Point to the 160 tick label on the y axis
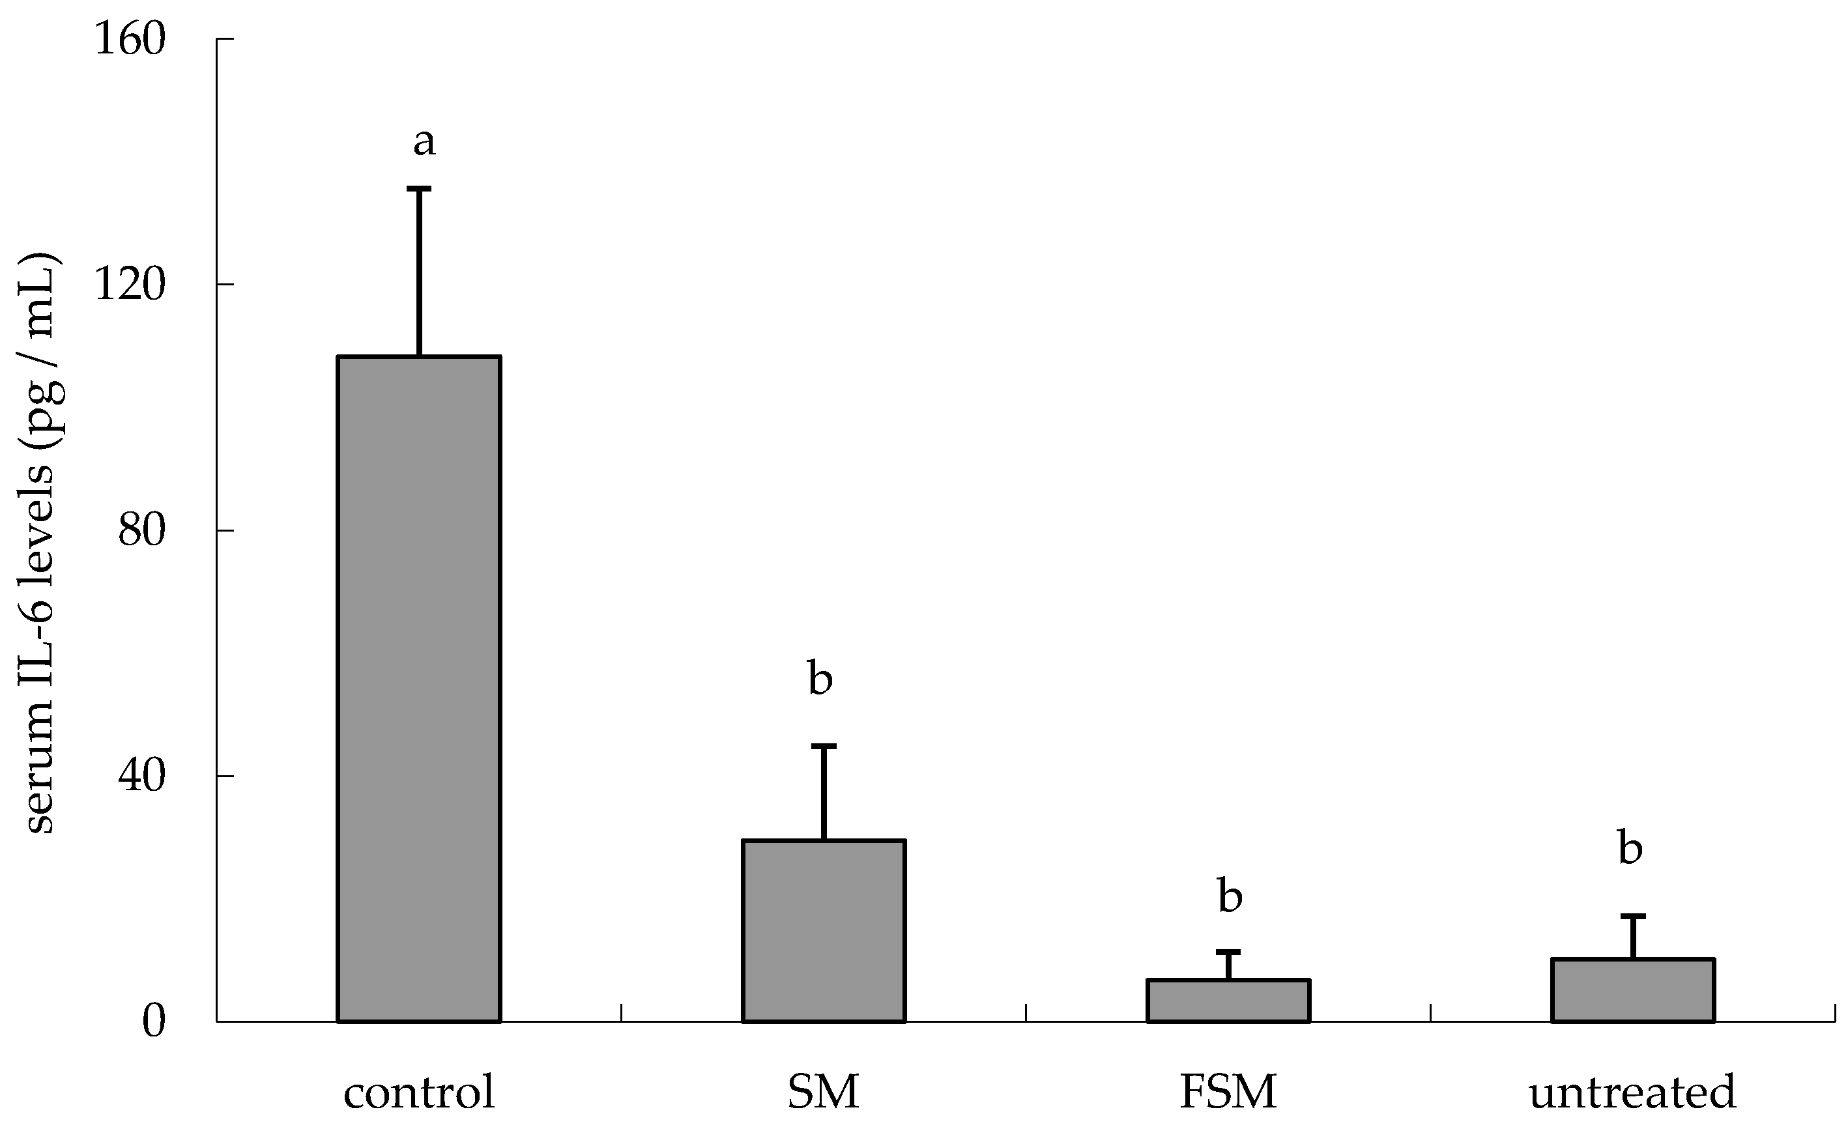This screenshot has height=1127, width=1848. [x=129, y=39]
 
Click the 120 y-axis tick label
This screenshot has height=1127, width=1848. [x=129, y=285]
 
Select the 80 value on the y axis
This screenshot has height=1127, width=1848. [x=141, y=531]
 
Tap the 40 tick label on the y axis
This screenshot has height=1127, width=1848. [x=141, y=776]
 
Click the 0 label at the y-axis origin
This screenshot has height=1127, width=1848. [x=153, y=1022]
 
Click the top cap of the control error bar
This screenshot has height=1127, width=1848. [x=418, y=189]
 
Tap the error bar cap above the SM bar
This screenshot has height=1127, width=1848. [x=824, y=746]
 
